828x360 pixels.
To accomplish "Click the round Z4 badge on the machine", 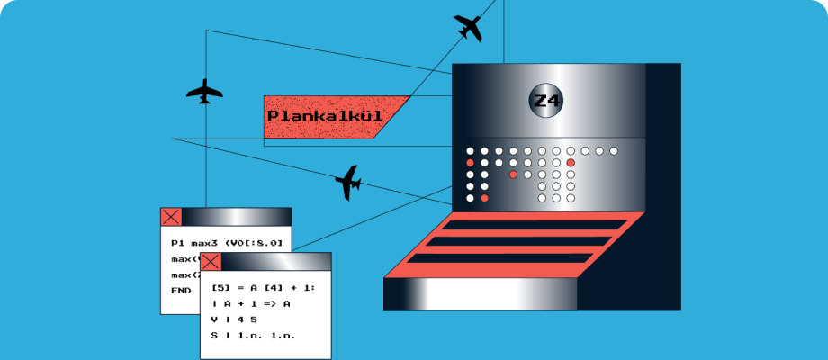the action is point(546,101).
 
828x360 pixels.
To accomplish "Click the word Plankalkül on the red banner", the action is point(325,116).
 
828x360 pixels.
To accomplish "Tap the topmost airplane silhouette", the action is point(469,28).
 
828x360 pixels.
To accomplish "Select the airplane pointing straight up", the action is point(204,91).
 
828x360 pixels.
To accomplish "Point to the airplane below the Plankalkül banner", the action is point(348,183).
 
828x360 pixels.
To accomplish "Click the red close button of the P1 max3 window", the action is point(171,217).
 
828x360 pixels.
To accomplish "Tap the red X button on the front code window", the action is point(211,262).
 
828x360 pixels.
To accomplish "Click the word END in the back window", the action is point(181,291).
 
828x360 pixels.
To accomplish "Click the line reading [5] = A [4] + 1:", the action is point(264,287).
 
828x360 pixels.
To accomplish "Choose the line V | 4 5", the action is point(234,319).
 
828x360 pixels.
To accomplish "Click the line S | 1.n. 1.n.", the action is point(254,335).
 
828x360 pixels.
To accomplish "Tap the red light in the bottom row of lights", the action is point(484,197).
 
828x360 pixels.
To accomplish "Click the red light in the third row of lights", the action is point(513,174).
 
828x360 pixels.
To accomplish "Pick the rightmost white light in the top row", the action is point(614,150).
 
